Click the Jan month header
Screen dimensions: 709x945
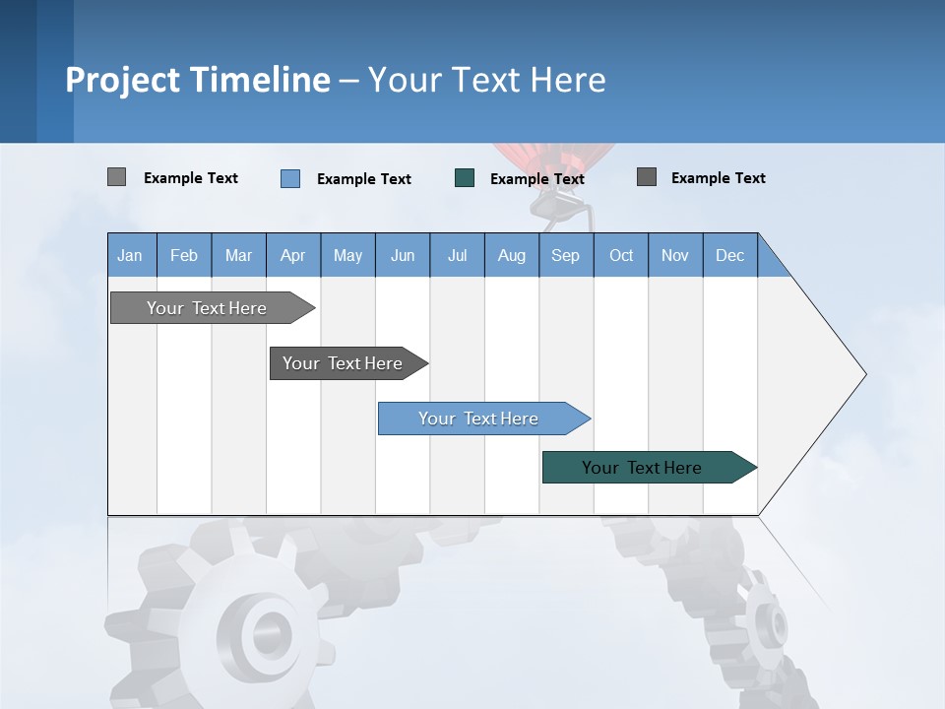(x=130, y=255)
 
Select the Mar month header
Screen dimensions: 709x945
(x=238, y=255)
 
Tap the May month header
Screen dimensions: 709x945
(x=347, y=255)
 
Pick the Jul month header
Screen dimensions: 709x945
(x=457, y=255)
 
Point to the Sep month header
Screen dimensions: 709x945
(x=565, y=255)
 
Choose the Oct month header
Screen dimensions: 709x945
(x=621, y=255)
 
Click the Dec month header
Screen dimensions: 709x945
(x=729, y=255)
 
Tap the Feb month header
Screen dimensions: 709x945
(x=184, y=255)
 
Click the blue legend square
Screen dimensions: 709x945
(x=290, y=178)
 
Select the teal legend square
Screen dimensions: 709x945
(x=465, y=178)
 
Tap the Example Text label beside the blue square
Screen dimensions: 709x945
(x=364, y=179)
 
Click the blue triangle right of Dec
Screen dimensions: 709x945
(x=771, y=261)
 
